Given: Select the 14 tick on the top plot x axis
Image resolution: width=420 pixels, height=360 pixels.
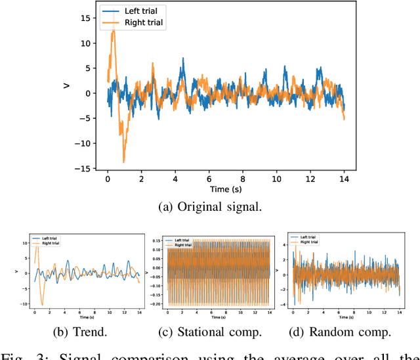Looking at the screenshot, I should [344, 179].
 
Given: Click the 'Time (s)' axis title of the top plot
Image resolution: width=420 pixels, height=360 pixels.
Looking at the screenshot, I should [226, 189].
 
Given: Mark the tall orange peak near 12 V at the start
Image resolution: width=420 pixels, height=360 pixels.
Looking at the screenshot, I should [114, 32].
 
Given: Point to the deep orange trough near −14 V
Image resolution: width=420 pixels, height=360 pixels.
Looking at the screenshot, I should [123, 161].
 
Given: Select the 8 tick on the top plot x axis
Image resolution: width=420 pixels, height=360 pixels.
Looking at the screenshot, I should [243, 179].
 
